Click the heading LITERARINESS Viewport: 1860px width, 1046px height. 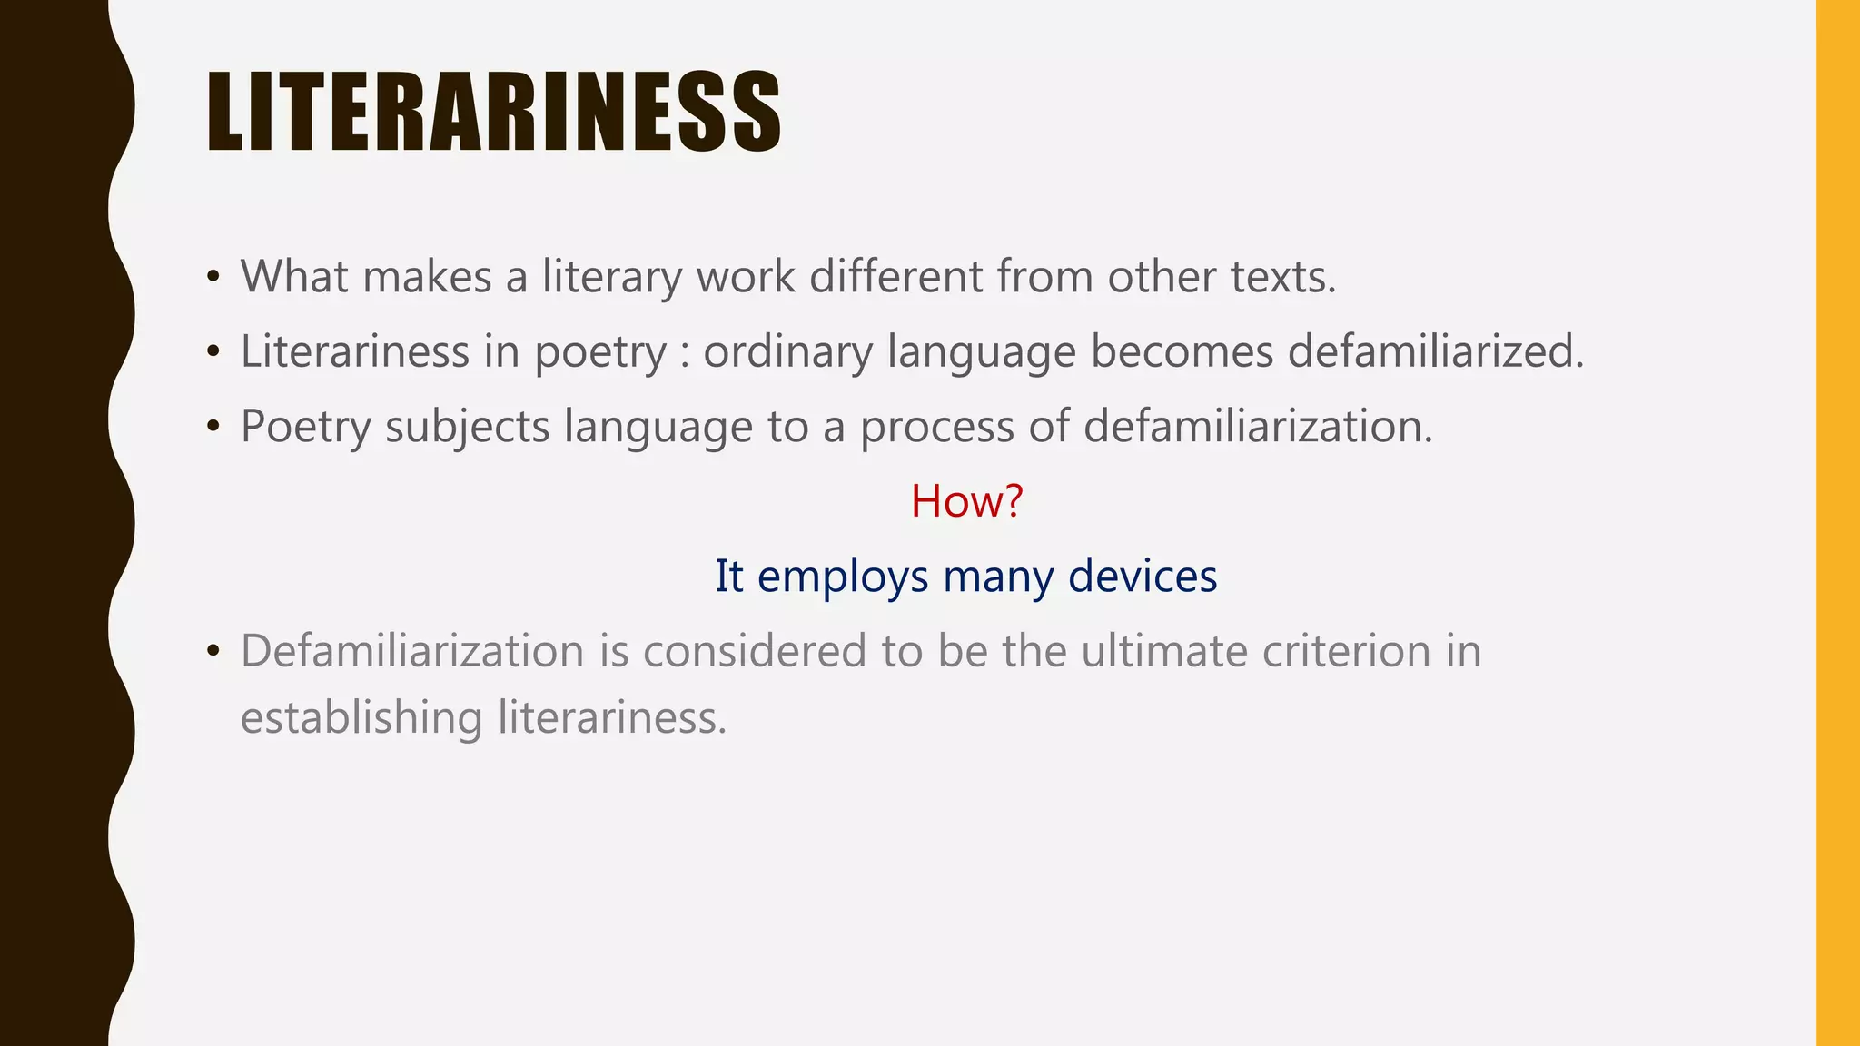pos(493,112)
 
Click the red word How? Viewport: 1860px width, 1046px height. pos(966,500)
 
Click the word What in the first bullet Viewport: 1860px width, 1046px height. pos(294,276)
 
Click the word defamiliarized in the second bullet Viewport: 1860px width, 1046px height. pos(1435,351)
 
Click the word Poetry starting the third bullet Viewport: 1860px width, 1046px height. pos(305,426)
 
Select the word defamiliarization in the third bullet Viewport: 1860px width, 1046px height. pos(1257,426)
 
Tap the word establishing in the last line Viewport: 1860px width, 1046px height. pos(361,717)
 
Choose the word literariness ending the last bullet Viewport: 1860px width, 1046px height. pos(612,717)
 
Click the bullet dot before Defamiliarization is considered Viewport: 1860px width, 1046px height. pos(213,651)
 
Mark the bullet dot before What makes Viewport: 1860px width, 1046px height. pos(213,276)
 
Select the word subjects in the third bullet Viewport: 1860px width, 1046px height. pos(467,426)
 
